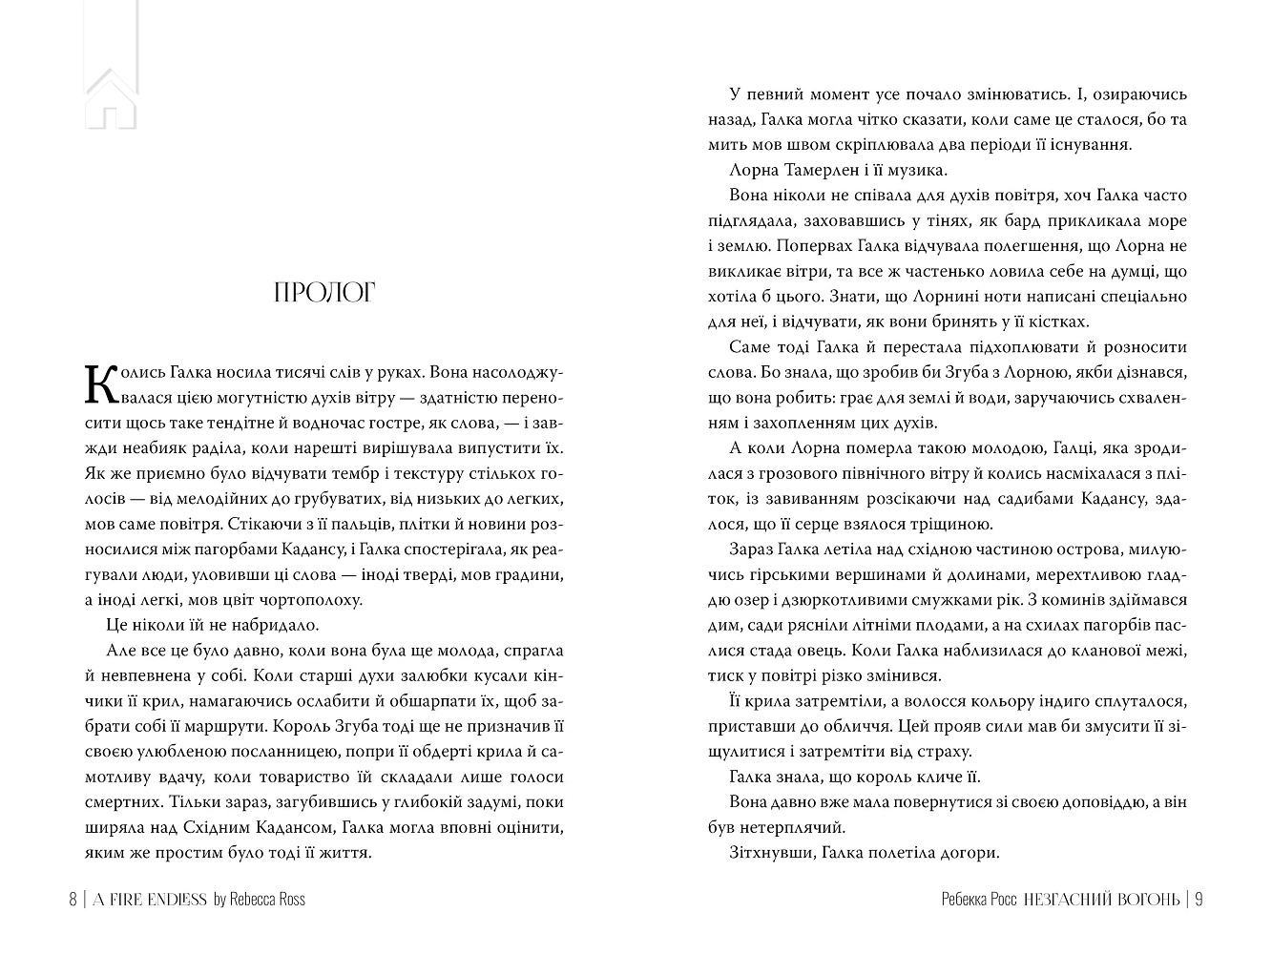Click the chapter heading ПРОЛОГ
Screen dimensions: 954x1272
pyautogui.click(x=324, y=293)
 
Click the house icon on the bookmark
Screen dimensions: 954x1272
pyautogui.click(x=111, y=101)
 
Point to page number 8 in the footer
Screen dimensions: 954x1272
pyautogui.click(x=73, y=900)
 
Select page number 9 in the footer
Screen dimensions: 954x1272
pyautogui.click(x=1199, y=900)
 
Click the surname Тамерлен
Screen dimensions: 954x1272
pyautogui.click(x=828, y=171)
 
